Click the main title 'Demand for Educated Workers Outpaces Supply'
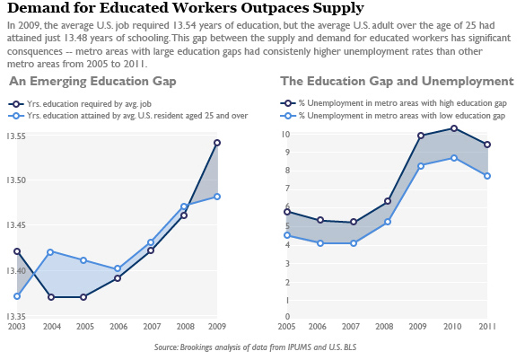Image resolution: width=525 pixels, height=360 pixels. [x=184, y=9]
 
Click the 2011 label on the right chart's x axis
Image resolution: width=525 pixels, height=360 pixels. [x=486, y=326]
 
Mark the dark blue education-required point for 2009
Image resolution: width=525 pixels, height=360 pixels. [x=217, y=143]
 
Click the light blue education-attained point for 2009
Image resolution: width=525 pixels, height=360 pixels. [x=217, y=197]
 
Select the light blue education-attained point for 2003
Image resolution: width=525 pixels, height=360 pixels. [x=17, y=296]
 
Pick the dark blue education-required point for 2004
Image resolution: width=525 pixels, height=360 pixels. [x=51, y=297]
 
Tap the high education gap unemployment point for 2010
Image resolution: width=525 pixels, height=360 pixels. [x=454, y=128]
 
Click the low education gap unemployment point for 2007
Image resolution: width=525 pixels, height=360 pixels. [x=354, y=243]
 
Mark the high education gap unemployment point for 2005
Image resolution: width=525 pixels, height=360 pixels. [x=287, y=212]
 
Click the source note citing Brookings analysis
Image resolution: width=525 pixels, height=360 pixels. [x=262, y=347]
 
